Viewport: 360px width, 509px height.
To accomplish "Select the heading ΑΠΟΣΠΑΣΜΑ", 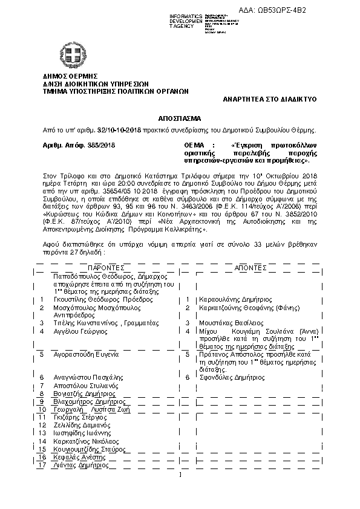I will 180,118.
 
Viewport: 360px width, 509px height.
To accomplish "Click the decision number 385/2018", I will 103,146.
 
